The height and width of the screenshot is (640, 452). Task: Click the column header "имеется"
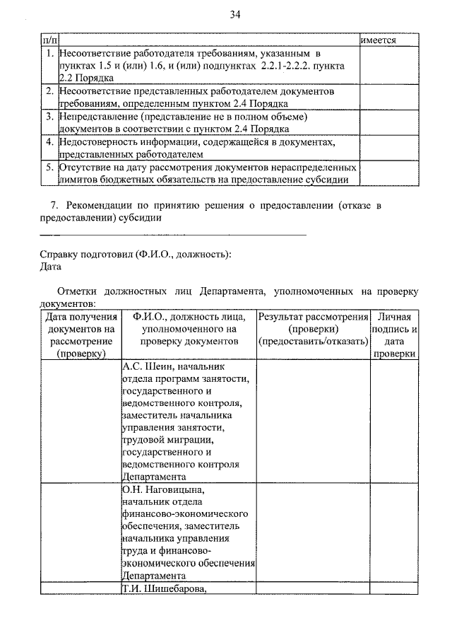[x=378, y=41]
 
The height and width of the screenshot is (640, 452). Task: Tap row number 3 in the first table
[x=49, y=117]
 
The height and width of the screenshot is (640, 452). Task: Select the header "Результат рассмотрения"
[x=312, y=317]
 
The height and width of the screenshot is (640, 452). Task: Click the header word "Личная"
[x=393, y=317]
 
